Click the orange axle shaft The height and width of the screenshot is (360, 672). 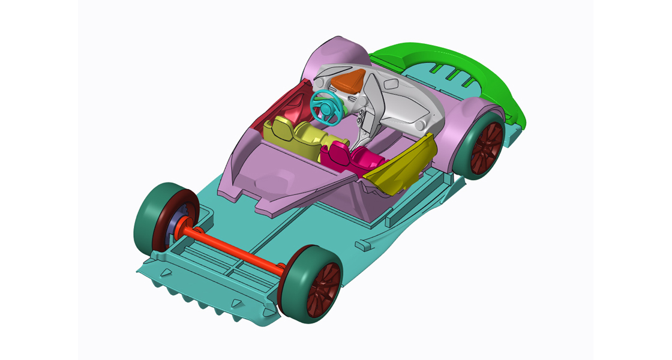click(x=240, y=249)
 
